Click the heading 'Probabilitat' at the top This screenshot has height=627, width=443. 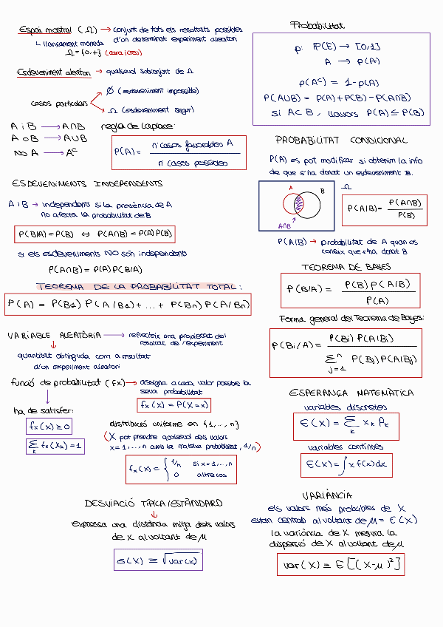(317, 26)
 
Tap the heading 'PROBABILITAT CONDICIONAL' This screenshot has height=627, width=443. (341, 140)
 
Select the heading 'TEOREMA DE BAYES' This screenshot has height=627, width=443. (346, 267)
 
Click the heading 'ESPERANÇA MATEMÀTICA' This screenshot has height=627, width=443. (351, 393)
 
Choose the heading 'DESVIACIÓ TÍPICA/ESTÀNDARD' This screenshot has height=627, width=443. (154, 504)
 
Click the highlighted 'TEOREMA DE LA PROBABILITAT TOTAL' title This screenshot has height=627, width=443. (139, 287)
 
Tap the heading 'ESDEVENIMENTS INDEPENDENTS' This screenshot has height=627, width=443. (87, 183)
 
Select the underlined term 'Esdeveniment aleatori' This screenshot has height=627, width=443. (54, 72)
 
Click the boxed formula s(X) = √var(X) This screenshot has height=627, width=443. (158, 560)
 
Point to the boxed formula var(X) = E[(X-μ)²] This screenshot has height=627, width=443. (341, 566)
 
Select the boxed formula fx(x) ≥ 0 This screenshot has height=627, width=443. (49, 427)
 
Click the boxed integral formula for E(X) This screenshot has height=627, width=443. (346, 464)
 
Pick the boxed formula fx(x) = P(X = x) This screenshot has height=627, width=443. (174, 405)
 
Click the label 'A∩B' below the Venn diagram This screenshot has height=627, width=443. (284, 226)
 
